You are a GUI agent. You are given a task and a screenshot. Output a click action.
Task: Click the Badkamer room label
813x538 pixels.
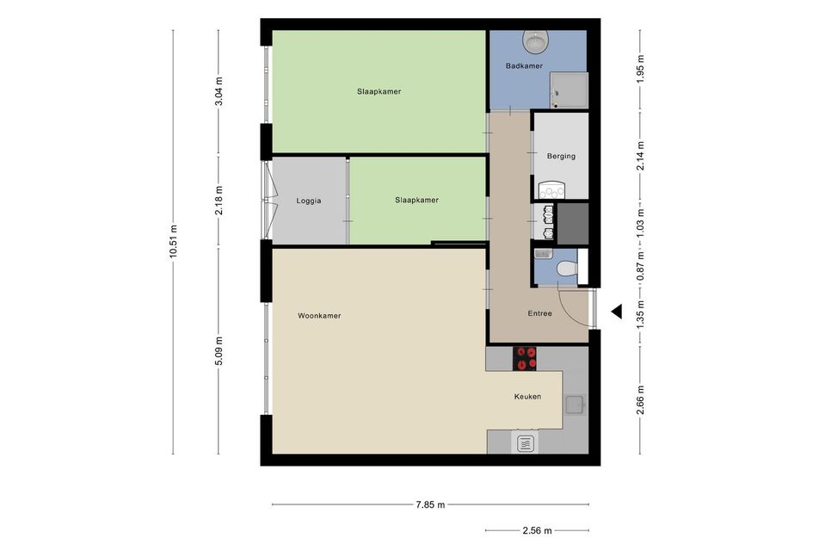[x=524, y=66]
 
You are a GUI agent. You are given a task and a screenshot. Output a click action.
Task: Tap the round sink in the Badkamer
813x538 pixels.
[x=536, y=41]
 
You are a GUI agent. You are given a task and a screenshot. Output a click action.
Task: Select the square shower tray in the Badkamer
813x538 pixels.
[x=569, y=90]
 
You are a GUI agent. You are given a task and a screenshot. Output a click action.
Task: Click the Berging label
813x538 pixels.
[x=561, y=156]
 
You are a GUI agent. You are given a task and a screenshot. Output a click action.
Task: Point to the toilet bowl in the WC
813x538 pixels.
[x=566, y=269]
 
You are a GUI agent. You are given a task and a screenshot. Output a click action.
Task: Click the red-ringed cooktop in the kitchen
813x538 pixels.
[x=525, y=358]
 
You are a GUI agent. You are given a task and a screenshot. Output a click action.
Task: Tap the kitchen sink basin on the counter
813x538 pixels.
[x=575, y=405]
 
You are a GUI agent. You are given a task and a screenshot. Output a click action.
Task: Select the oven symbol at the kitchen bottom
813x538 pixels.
[x=527, y=443]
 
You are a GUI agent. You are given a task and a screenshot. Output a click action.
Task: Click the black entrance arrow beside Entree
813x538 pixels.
[x=617, y=312]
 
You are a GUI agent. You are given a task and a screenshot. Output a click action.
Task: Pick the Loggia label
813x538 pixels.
[x=309, y=201]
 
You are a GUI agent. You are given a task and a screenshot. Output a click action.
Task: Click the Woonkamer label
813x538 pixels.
[x=319, y=315]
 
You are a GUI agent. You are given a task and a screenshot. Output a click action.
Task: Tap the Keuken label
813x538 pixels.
[x=527, y=396]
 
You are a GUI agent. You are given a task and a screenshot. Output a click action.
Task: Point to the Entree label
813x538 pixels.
[x=539, y=313]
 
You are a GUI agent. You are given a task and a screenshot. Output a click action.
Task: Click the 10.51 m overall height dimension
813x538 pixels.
[x=173, y=241]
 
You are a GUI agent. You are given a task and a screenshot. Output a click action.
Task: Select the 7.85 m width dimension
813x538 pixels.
[x=430, y=504]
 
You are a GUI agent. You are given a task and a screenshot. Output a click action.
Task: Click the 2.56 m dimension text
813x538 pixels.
[x=537, y=530]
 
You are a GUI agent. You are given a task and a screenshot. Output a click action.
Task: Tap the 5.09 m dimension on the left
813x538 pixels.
[x=219, y=350]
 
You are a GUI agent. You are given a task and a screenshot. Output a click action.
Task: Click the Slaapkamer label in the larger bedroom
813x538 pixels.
[x=379, y=91]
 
